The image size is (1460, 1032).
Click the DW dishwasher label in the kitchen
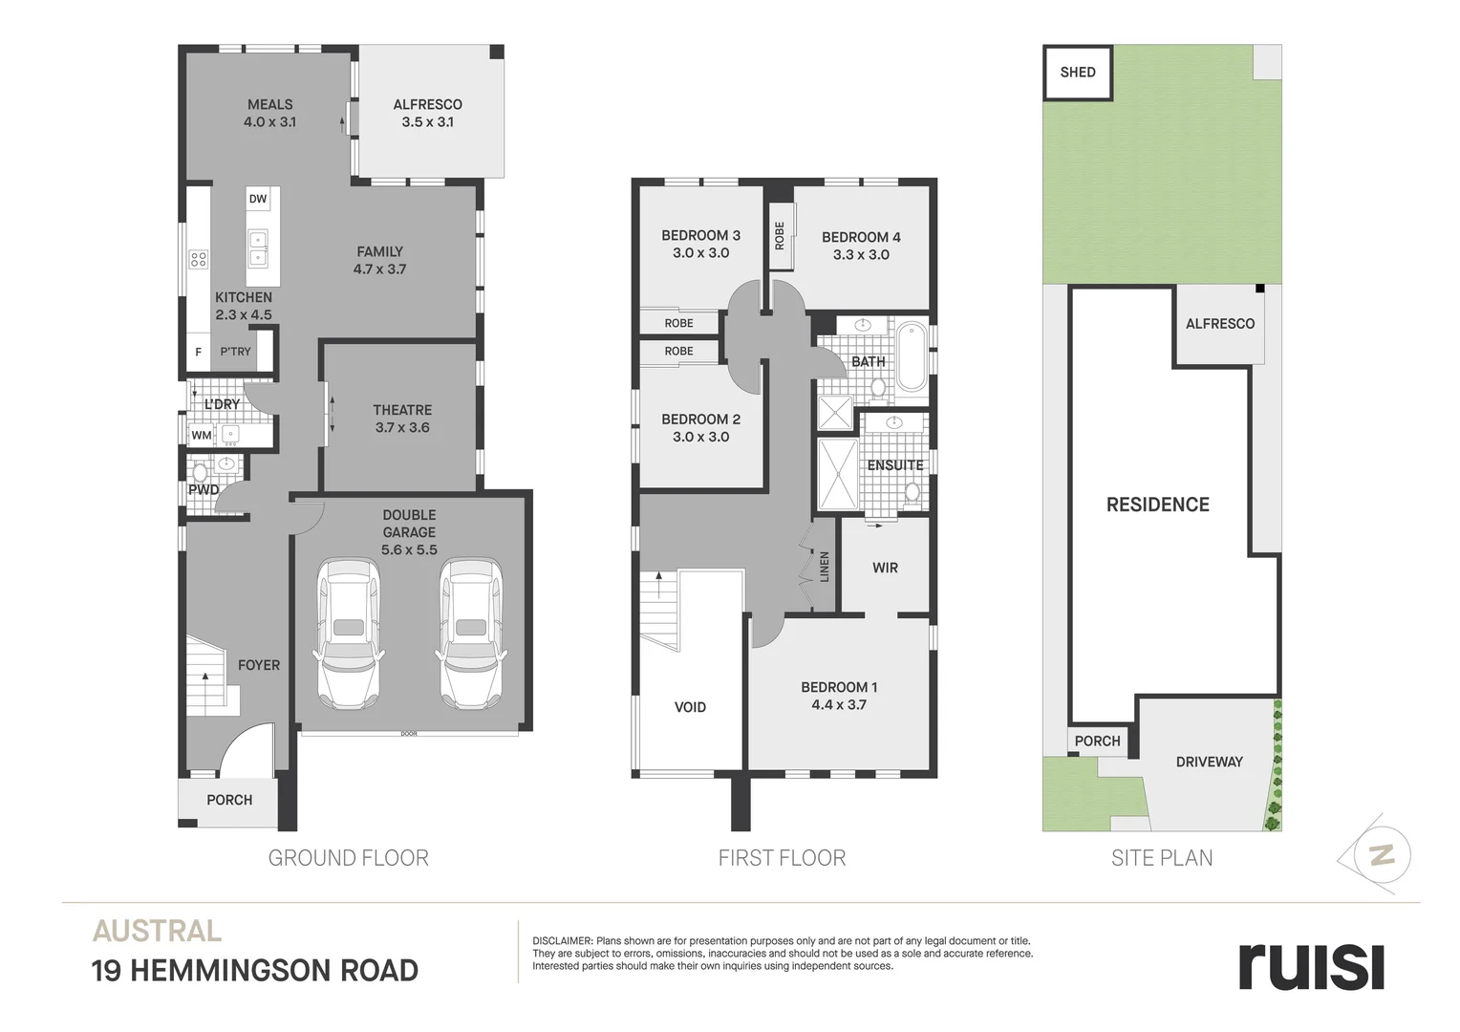pyautogui.click(x=258, y=199)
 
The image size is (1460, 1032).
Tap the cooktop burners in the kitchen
pyautogui.click(x=199, y=260)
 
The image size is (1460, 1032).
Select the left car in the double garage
pyautogui.click(x=349, y=633)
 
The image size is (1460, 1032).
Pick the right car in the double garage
pyautogui.click(x=471, y=633)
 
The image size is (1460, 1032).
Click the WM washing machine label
pyautogui.click(x=202, y=435)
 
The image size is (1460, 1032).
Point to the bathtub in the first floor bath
pyautogui.click(x=911, y=355)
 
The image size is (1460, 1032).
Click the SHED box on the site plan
pyautogui.click(x=1078, y=73)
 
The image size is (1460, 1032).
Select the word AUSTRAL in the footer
pyautogui.click(x=157, y=931)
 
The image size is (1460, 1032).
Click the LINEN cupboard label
pyautogui.click(x=824, y=567)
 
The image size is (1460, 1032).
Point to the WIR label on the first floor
pyautogui.click(x=885, y=568)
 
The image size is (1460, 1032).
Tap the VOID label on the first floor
pyautogui.click(x=690, y=707)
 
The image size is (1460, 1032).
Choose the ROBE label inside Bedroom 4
pyautogui.click(x=780, y=236)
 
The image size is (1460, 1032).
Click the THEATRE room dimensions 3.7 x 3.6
pyautogui.click(x=402, y=428)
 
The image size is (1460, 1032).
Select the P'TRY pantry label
pyautogui.click(x=235, y=352)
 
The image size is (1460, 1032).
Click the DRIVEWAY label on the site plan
pyautogui.click(x=1209, y=762)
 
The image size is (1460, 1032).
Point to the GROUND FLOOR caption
pyautogui.click(x=349, y=858)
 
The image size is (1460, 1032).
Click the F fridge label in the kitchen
pyautogui.click(x=198, y=352)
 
